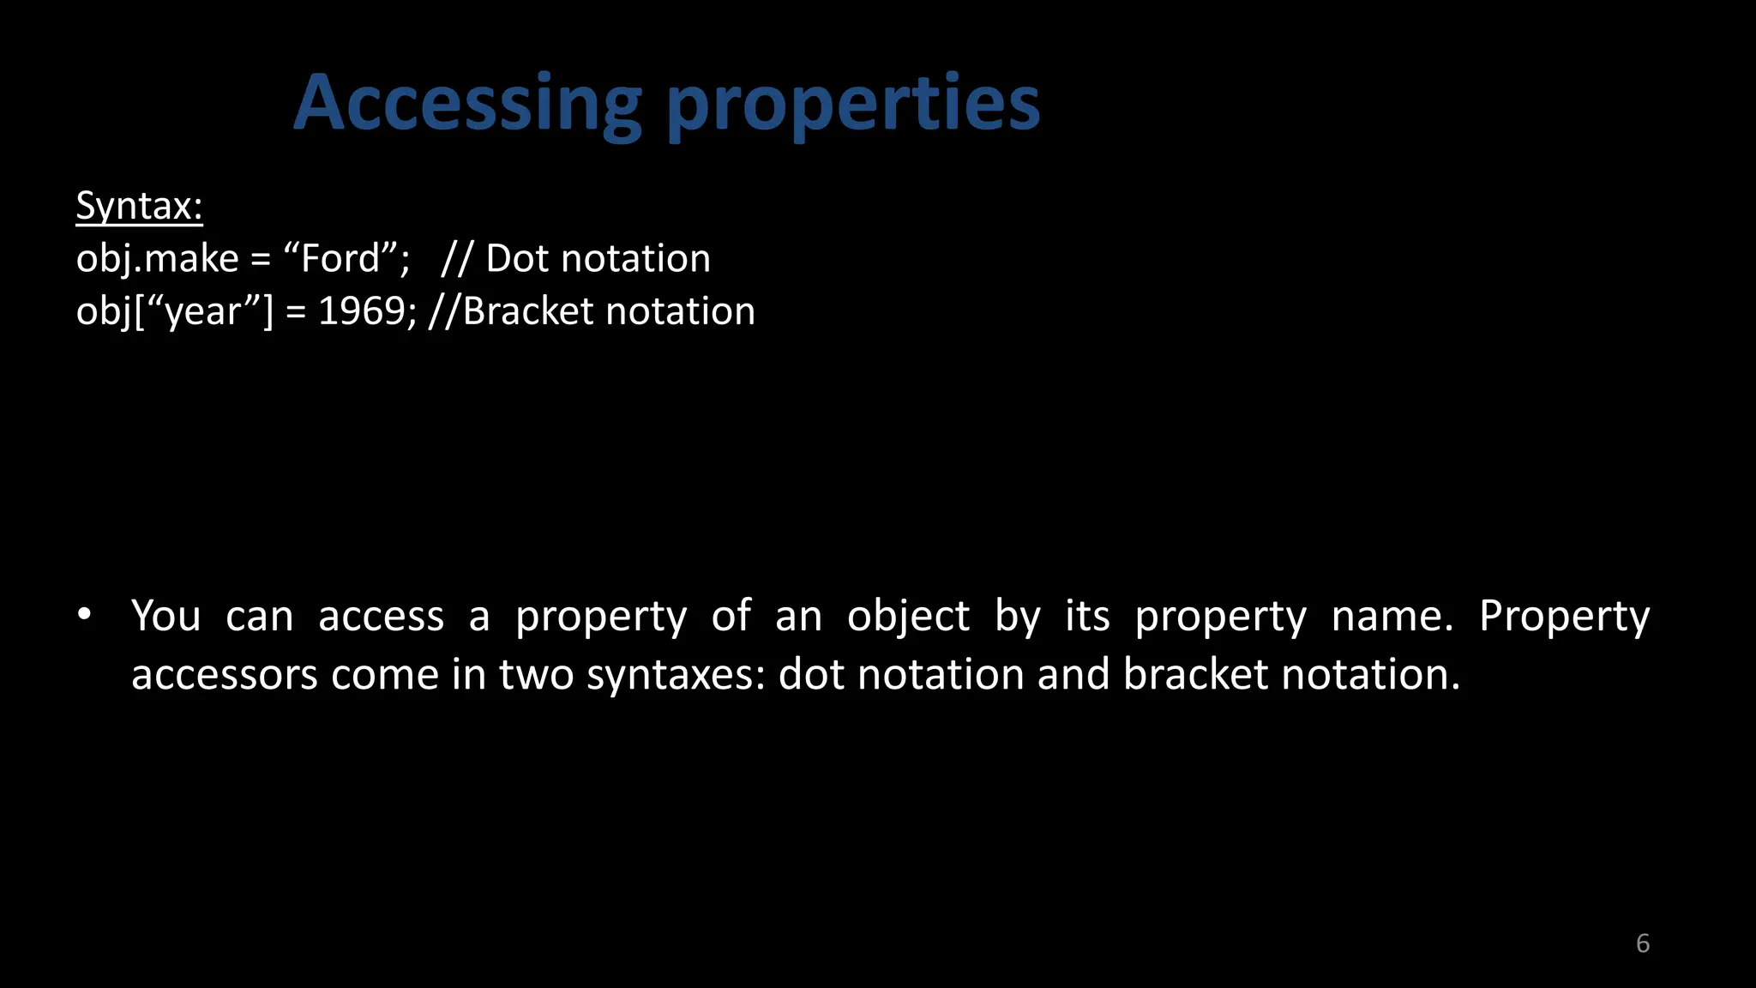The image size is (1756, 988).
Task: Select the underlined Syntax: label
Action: tap(139, 207)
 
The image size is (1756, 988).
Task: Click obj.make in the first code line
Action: tap(157, 259)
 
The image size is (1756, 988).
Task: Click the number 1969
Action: tap(361, 311)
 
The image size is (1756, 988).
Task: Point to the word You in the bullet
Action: tap(166, 616)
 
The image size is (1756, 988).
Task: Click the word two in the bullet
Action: tap(537, 675)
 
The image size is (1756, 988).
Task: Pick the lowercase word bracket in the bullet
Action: tap(1195, 675)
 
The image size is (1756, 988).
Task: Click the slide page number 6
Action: tap(1642, 943)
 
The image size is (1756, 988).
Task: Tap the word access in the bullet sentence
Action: tap(381, 616)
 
